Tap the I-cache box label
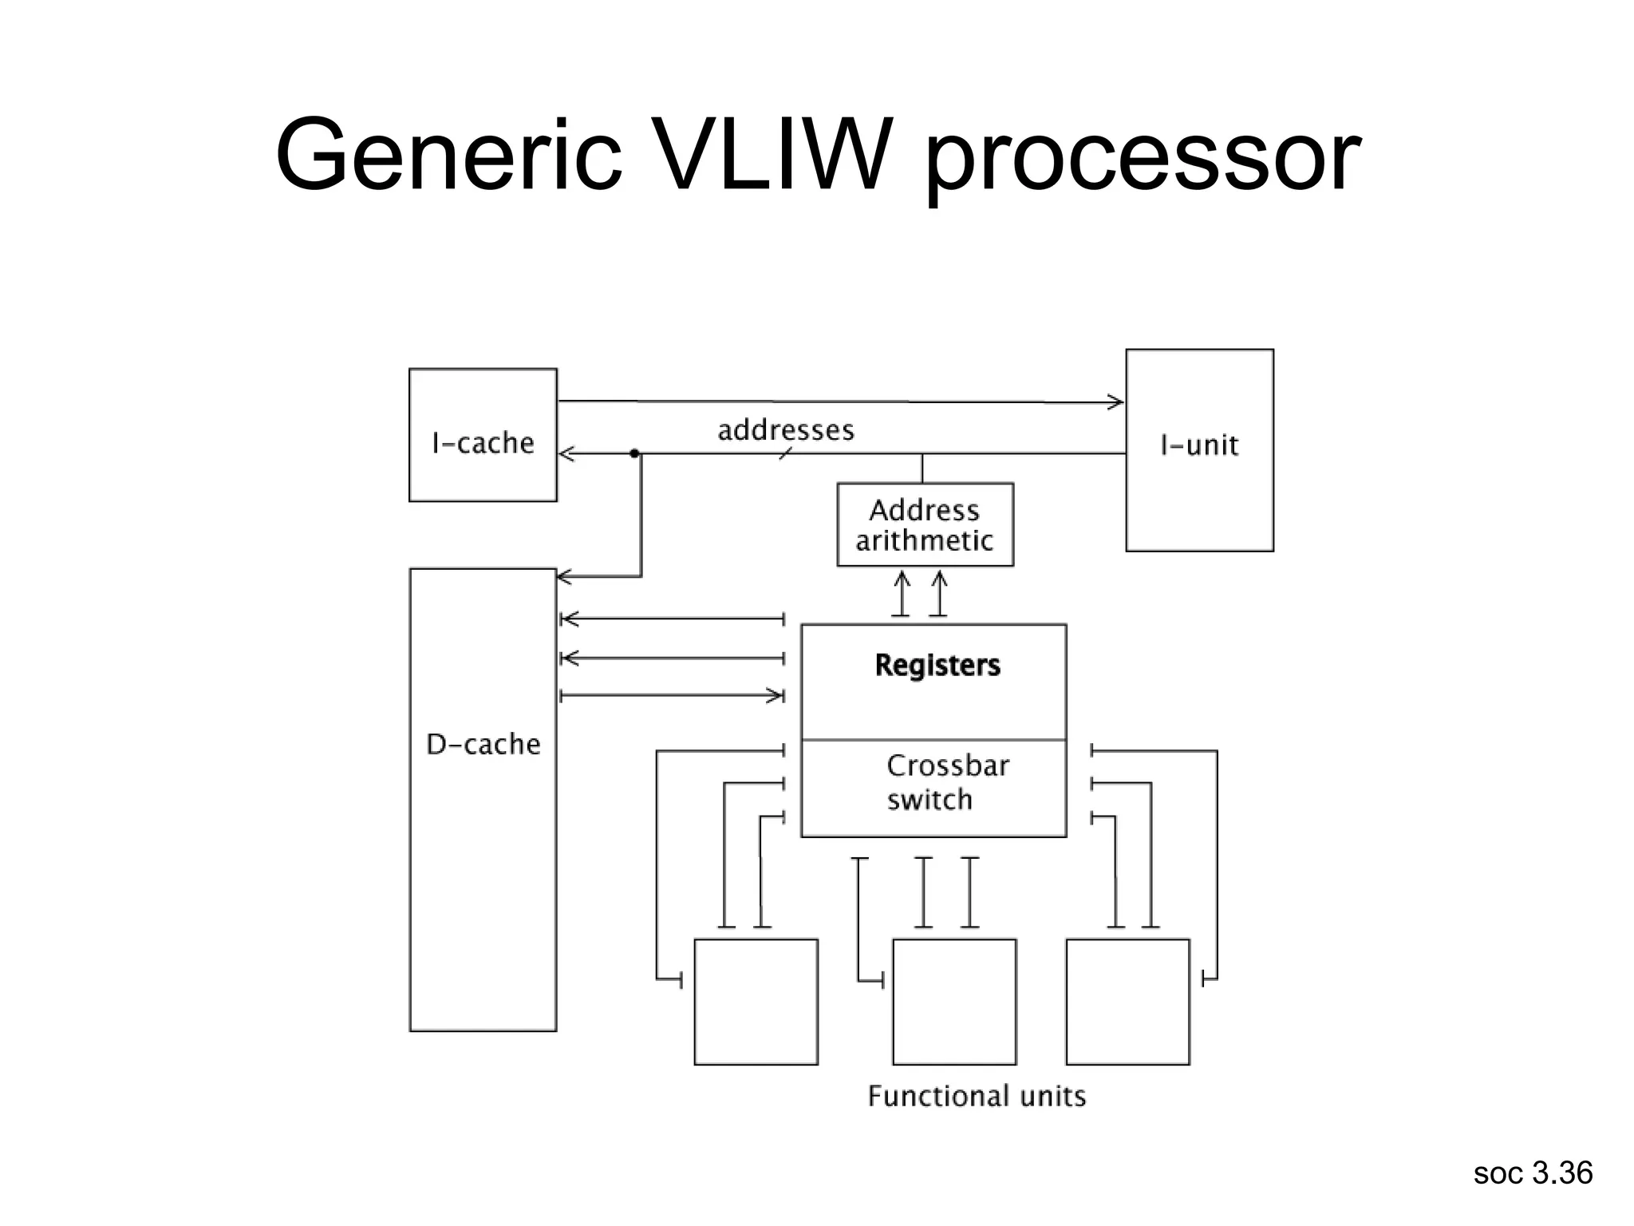click(483, 443)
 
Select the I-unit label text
click(1199, 445)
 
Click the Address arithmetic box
click(925, 525)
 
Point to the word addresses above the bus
click(786, 430)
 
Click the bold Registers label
click(937, 665)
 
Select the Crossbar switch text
click(947, 782)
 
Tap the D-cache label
click(483, 744)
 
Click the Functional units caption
click(977, 1096)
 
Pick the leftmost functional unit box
click(756, 1002)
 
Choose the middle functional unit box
click(954, 1002)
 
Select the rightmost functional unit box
click(1127, 1002)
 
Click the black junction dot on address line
click(634, 453)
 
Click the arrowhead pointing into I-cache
click(566, 454)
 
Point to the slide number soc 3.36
click(1533, 1173)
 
